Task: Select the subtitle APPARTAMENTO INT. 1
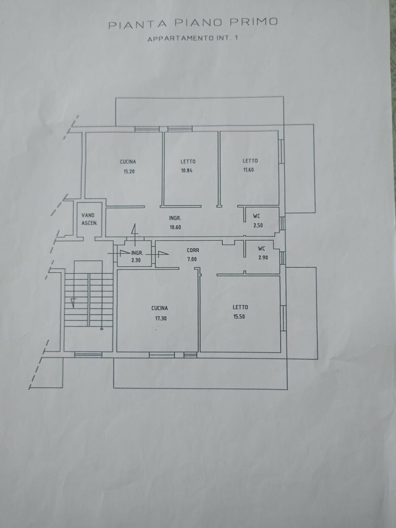click(x=192, y=38)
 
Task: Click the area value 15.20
click(x=129, y=172)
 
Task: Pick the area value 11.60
click(x=248, y=170)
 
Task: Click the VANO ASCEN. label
click(x=89, y=219)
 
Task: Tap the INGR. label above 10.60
click(x=175, y=218)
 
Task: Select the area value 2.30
click(x=136, y=260)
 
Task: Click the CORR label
click(x=193, y=250)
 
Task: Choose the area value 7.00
click(x=192, y=259)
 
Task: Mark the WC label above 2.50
click(x=256, y=216)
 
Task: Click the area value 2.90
click(x=263, y=257)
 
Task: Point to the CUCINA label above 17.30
click(x=160, y=308)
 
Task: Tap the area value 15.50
click(x=239, y=317)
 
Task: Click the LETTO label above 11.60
click(x=250, y=161)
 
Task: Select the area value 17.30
click(x=161, y=318)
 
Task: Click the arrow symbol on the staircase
click(x=73, y=302)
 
